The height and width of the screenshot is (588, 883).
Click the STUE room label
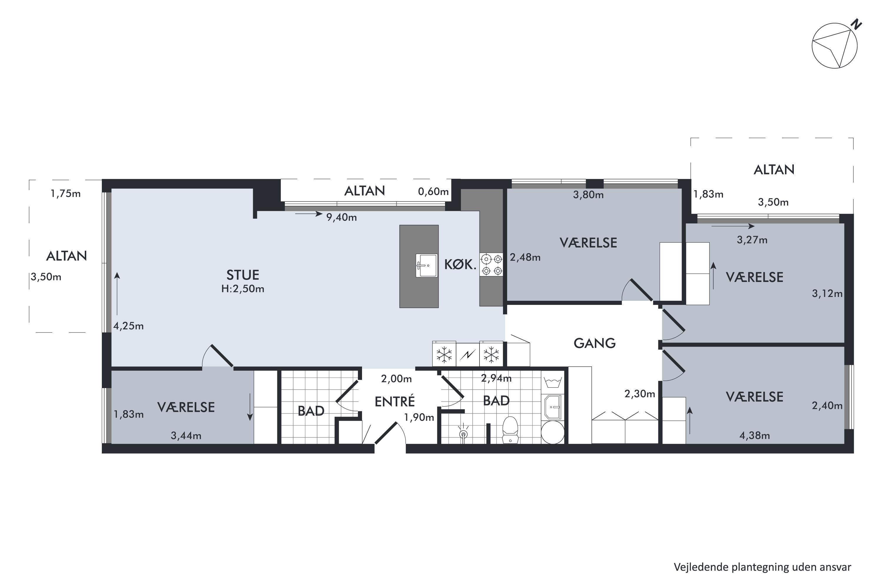click(x=243, y=275)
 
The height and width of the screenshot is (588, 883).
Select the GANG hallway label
click(x=594, y=343)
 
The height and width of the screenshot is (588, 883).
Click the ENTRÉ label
click(x=395, y=401)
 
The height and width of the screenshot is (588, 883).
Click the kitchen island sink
click(x=426, y=265)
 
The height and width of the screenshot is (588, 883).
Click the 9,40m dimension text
click(x=341, y=217)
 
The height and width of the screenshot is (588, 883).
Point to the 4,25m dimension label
click(x=128, y=326)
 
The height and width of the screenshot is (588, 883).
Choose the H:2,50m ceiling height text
click(x=243, y=289)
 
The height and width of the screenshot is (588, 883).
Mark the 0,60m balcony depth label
click(x=433, y=192)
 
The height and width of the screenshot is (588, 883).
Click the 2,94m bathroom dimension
click(x=496, y=378)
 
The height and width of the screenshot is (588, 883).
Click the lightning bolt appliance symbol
click(x=467, y=354)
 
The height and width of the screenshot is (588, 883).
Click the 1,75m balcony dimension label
click(x=65, y=193)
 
